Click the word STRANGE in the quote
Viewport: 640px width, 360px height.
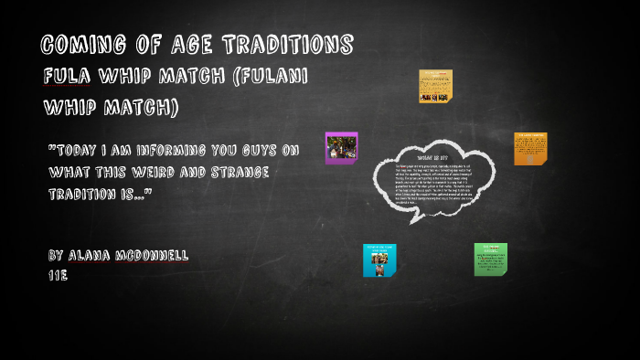234,172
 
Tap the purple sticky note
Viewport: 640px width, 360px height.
341,148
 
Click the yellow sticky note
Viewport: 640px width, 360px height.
435,86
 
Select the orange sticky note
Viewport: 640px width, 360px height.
530,148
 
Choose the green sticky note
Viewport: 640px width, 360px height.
490,259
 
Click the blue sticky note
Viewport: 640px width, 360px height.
379,259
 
